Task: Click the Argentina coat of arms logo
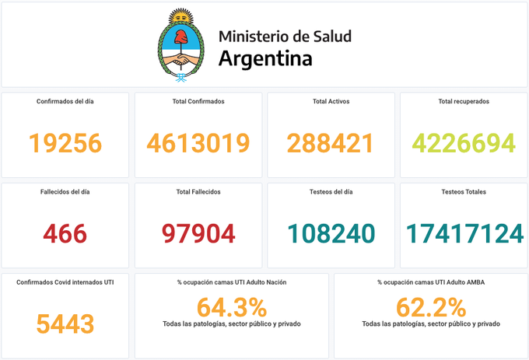[x=182, y=47]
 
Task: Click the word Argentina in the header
[x=265, y=58]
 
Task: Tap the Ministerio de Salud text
[x=285, y=36]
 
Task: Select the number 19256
[x=65, y=143]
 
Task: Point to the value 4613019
[x=198, y=143]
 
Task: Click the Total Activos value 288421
[x=330, y=143]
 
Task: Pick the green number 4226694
[x=464, y=143]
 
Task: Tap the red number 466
[x=65, y=232]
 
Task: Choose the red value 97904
[x=198, y=232]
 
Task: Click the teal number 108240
[x=330, y=232]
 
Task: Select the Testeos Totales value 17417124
[x=464, y=232]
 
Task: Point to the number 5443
[x=65, y=323]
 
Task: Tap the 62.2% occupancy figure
[x=431, y=306]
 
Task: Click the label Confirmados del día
[x=65, y=101]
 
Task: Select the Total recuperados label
[x=464, y=101]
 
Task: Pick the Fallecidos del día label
[x=65, y=191]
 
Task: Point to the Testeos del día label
[x=331, y=191]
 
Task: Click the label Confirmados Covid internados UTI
[x=65, y=281]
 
